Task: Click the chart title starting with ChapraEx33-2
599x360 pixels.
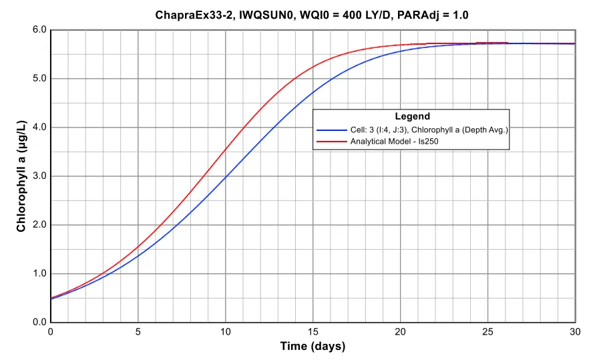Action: tap(312, 14)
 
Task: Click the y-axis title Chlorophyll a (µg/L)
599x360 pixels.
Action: tap(21, 176)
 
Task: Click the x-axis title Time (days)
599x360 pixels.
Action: tap(313, 346)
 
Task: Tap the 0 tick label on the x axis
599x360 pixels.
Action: tap(51, 331)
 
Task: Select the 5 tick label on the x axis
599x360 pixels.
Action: tap(138, 331)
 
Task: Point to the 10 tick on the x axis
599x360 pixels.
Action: tap(226, 331)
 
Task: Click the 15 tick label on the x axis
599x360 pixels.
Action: tap(313, 331)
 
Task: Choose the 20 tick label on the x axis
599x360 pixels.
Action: tap(401, 331)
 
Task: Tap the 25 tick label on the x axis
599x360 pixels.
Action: tap(488, 331)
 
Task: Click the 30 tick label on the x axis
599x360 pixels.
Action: tap(575, 331)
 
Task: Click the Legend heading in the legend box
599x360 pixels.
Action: tap(412, 116)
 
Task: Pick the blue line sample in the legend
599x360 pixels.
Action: tap(332, 130)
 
